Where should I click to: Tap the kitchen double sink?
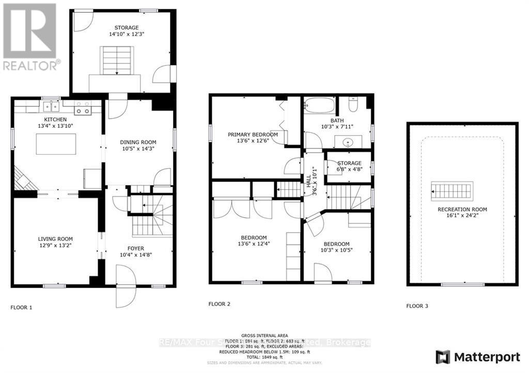click(x=51, y=107)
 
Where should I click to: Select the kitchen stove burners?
click(x=83, y=108)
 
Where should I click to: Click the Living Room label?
click(x=55, y=239)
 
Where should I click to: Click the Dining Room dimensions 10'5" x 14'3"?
click(x=137, y=149)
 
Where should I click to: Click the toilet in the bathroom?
click(x=354, y=106)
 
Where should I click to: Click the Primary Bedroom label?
click(x=253, y=135)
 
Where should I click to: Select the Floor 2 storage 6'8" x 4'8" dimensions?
click(x=350, y=170)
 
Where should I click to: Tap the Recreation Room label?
click(x=462, y=209)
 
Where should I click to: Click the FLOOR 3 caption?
click(x=417, y=306)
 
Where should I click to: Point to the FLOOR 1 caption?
click(x=21, y=307)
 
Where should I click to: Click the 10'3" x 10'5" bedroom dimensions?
click(x=336, y=251)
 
